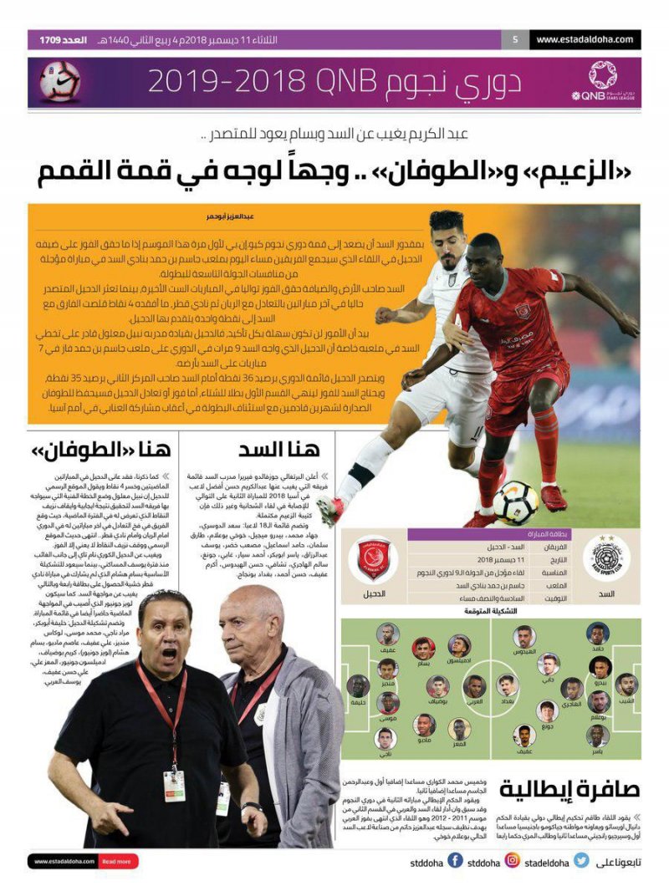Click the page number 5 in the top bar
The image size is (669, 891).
[515, 39]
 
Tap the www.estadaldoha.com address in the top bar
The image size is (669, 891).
[585, 39]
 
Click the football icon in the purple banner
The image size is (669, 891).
[60, 81]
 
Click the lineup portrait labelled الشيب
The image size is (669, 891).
[626, 687]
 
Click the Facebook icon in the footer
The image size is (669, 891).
[455, 861]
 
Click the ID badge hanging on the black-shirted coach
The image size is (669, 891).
[174, 785]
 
